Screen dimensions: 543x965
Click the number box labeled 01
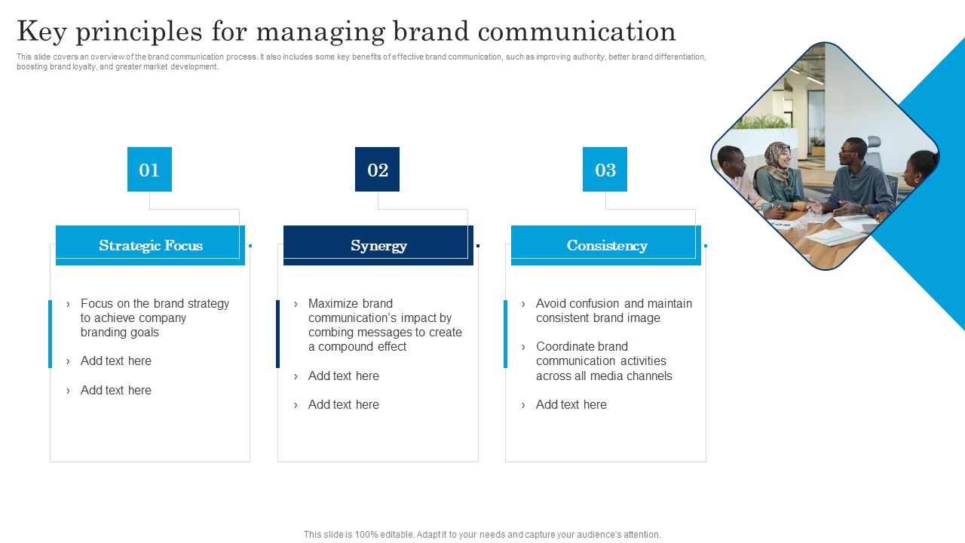(x=149, y=170)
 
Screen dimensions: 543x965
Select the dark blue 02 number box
(x=377, y=170)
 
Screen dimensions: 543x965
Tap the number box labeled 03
(x=605, y=170)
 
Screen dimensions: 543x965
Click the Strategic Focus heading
(x=150, y=246)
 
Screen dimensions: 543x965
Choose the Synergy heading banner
(x=378, y=246)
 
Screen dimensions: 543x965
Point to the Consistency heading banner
(x=606, y=246)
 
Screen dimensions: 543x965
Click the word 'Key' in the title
(x=42, y=32)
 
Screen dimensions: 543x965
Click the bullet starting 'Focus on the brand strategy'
(x=155, y=318)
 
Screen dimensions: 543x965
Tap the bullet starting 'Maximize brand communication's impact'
(x=384, y=325)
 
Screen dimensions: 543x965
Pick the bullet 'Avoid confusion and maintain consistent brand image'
(x=613, y=311)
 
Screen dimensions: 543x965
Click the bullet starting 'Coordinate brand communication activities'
(x=603, y=361)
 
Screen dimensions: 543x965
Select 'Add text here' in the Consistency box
(x=571, y=405)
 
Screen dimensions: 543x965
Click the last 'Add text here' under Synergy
(x=343, y=405)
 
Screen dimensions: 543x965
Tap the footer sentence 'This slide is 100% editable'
(x=482, y=535)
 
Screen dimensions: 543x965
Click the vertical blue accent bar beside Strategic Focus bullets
(x=51, y=333)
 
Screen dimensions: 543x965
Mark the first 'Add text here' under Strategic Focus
(x=115, y=361)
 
